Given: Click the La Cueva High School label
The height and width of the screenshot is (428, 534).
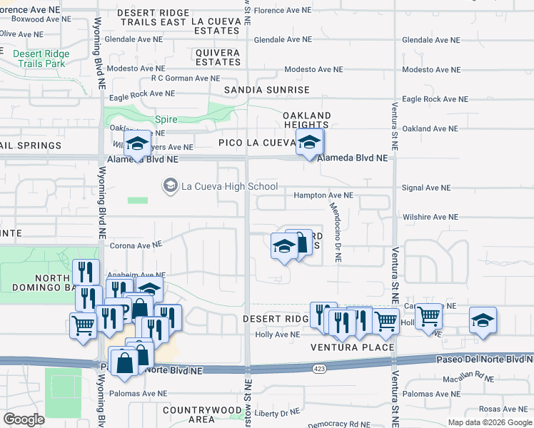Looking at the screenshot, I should click(x=229, y=187).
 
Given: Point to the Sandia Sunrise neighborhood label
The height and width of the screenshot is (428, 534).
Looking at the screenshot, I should click(x=266, y=90).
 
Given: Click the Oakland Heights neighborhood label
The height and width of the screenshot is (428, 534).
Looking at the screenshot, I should click(x=306, y=120).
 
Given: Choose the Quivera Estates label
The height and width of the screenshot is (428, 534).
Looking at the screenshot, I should click(x=218, y=57).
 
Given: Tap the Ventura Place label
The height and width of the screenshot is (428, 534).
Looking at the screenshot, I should click(x=352, y=347).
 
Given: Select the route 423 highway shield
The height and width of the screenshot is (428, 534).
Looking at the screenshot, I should click(x=318, y=369).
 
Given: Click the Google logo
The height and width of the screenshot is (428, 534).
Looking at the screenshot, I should click(x=24, y=419).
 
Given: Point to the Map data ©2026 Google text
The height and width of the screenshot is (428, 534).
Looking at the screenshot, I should click(x=489, y=422).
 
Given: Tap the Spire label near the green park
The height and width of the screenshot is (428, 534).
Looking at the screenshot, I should click(x=166, y=121).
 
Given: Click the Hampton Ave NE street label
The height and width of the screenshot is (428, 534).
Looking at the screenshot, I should click(x=323, y=195).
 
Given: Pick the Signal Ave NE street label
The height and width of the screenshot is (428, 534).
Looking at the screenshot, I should click(x=426, y=188).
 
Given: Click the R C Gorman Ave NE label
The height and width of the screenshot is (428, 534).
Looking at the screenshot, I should click(x=183, y=78).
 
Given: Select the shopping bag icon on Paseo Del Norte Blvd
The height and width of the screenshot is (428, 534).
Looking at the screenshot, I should click(x=125, y=361).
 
